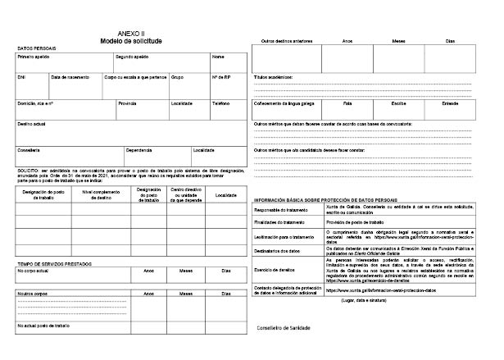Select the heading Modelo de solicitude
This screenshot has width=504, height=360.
click(x=131, y=40)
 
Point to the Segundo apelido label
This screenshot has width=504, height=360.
click(x=132, y=57)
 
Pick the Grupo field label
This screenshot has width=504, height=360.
click(x=177, y=77)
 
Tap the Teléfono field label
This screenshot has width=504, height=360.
click(x=221, y=104)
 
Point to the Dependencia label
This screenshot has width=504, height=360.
click(x=138, y=150)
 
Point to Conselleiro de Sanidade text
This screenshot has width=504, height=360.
click(x=284, y=327)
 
